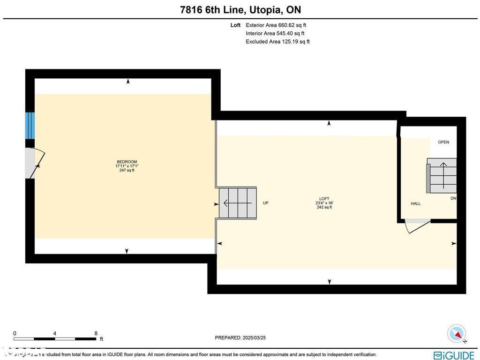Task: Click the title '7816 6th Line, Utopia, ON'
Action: coord(240,10)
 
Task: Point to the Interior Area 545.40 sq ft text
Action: coord(275,33)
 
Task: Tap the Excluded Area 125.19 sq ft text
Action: coord(277,42)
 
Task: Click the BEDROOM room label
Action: coord(127,162)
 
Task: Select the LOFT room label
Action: coord(324,199)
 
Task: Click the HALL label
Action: coord(416,204)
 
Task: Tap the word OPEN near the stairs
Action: coord(443,142)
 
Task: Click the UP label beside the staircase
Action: coord(266,203)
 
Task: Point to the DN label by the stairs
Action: coord(453,199)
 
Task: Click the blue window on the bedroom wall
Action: coord(30,125)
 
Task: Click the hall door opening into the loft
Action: coord(417,225)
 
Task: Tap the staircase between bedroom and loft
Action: coord(238,203)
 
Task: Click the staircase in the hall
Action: coord(442,175)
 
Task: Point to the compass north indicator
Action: coord(456,333)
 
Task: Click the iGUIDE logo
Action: coord(454,355)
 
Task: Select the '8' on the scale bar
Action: coord(96,333)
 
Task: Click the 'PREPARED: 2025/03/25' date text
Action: coord(240,337)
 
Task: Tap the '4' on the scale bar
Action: coord(55,333)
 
